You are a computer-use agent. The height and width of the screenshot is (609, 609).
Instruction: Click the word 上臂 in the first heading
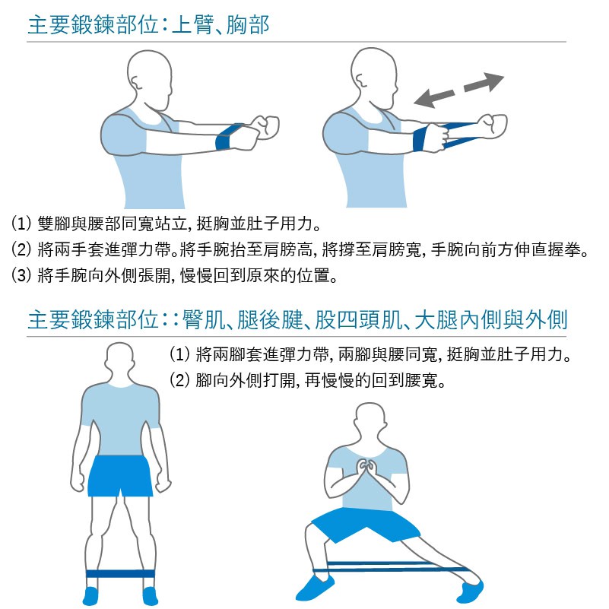[193, 25]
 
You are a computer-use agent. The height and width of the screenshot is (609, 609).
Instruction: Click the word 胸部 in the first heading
[248, 25]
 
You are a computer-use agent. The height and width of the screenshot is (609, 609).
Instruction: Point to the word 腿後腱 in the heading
[270, 320]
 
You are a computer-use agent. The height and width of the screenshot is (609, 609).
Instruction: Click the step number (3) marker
[21, 275]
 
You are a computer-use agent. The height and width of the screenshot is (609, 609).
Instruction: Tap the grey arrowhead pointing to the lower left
[424, 98]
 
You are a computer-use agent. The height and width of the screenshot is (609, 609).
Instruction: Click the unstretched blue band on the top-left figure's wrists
[229, 136]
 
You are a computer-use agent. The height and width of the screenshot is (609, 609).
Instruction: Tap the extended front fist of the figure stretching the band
[492, 125]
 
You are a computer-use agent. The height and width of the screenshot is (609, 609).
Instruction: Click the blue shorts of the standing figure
[120, 475]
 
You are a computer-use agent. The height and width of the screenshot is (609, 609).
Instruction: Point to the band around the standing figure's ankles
[120, 574]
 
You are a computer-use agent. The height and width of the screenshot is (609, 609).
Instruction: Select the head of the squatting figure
[370, 421]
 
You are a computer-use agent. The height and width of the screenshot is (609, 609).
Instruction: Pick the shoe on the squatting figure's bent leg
[316, 588]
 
